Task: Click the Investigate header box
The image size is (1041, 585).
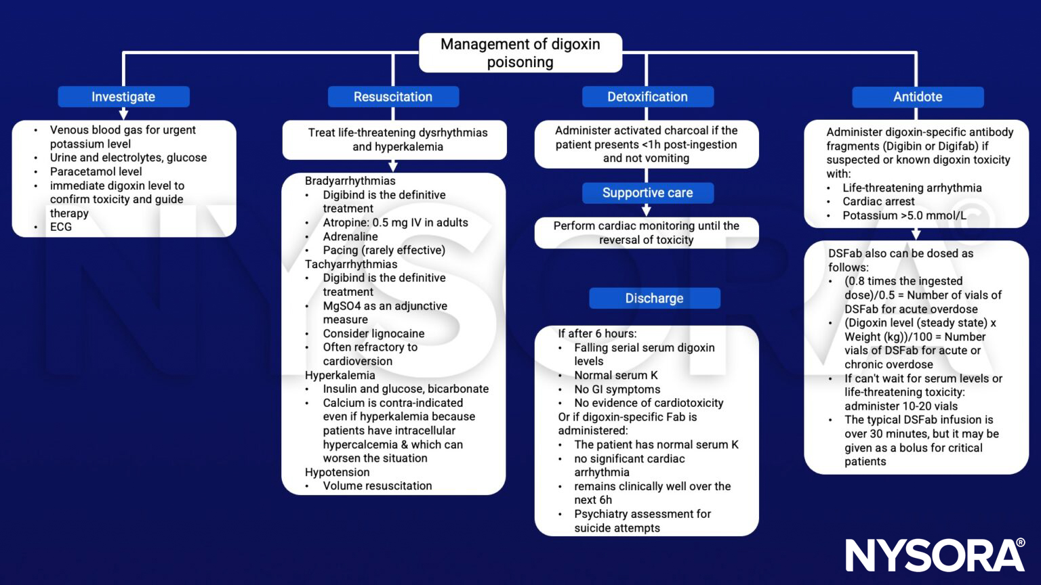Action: coord(123,97)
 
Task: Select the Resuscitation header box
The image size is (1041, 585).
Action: coord(393,97)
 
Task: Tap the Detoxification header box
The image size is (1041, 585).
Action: coord(647,97)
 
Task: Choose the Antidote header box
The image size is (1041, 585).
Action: coord(917,97)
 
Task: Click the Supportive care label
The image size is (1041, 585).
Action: coord(647,193)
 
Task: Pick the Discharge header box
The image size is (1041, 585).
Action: coord(654,298)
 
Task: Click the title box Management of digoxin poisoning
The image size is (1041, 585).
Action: coord(520,53)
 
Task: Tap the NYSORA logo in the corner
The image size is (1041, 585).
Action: coord(935,555)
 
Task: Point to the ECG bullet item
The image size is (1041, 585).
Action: coord(60,227)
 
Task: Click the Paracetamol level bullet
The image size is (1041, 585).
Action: coord(96,171)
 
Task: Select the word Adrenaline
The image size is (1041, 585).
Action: coord(350,236)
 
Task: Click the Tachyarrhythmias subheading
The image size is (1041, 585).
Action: coord(350,264)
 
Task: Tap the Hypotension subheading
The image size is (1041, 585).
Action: coord(337,472)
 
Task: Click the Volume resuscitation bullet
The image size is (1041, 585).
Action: coord(377,485)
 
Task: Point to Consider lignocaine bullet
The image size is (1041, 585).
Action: coord(373,333)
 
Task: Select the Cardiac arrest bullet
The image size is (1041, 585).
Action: coord(878,201)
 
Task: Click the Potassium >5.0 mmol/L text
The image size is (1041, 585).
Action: coord(904,215)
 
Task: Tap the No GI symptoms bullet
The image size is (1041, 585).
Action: coord(617,389)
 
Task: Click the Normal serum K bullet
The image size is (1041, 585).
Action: coord(615,375)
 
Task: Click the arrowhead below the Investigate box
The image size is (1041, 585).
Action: coord(123,114)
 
